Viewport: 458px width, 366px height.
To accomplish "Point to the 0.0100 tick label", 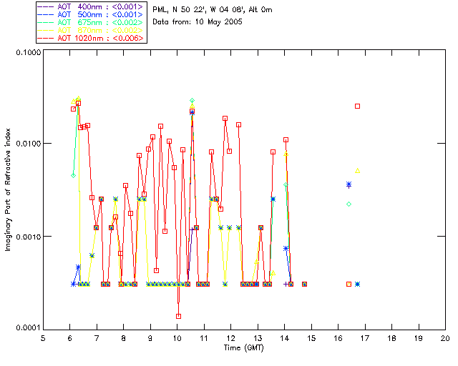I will (x=26, y=144).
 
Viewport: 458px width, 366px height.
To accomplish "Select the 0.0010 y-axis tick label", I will (x=26, y=237).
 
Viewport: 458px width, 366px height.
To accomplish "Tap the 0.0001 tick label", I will (x=26, y=328).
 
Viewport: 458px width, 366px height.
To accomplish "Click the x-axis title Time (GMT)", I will (x=244, y=347).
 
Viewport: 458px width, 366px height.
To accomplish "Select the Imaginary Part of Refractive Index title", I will (x=10, y=189).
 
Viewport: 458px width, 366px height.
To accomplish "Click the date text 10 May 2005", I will (x=218, y=22).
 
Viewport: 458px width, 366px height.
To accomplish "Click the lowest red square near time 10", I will (x=178, y=316).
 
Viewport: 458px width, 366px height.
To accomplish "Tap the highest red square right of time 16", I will (x=358, y=106).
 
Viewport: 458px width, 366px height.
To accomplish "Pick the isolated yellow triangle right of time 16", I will (x=358, y=170).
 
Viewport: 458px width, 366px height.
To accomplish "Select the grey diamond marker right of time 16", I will (x=349, y=204).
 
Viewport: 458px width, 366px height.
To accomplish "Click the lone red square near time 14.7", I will (x=304, y=284).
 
